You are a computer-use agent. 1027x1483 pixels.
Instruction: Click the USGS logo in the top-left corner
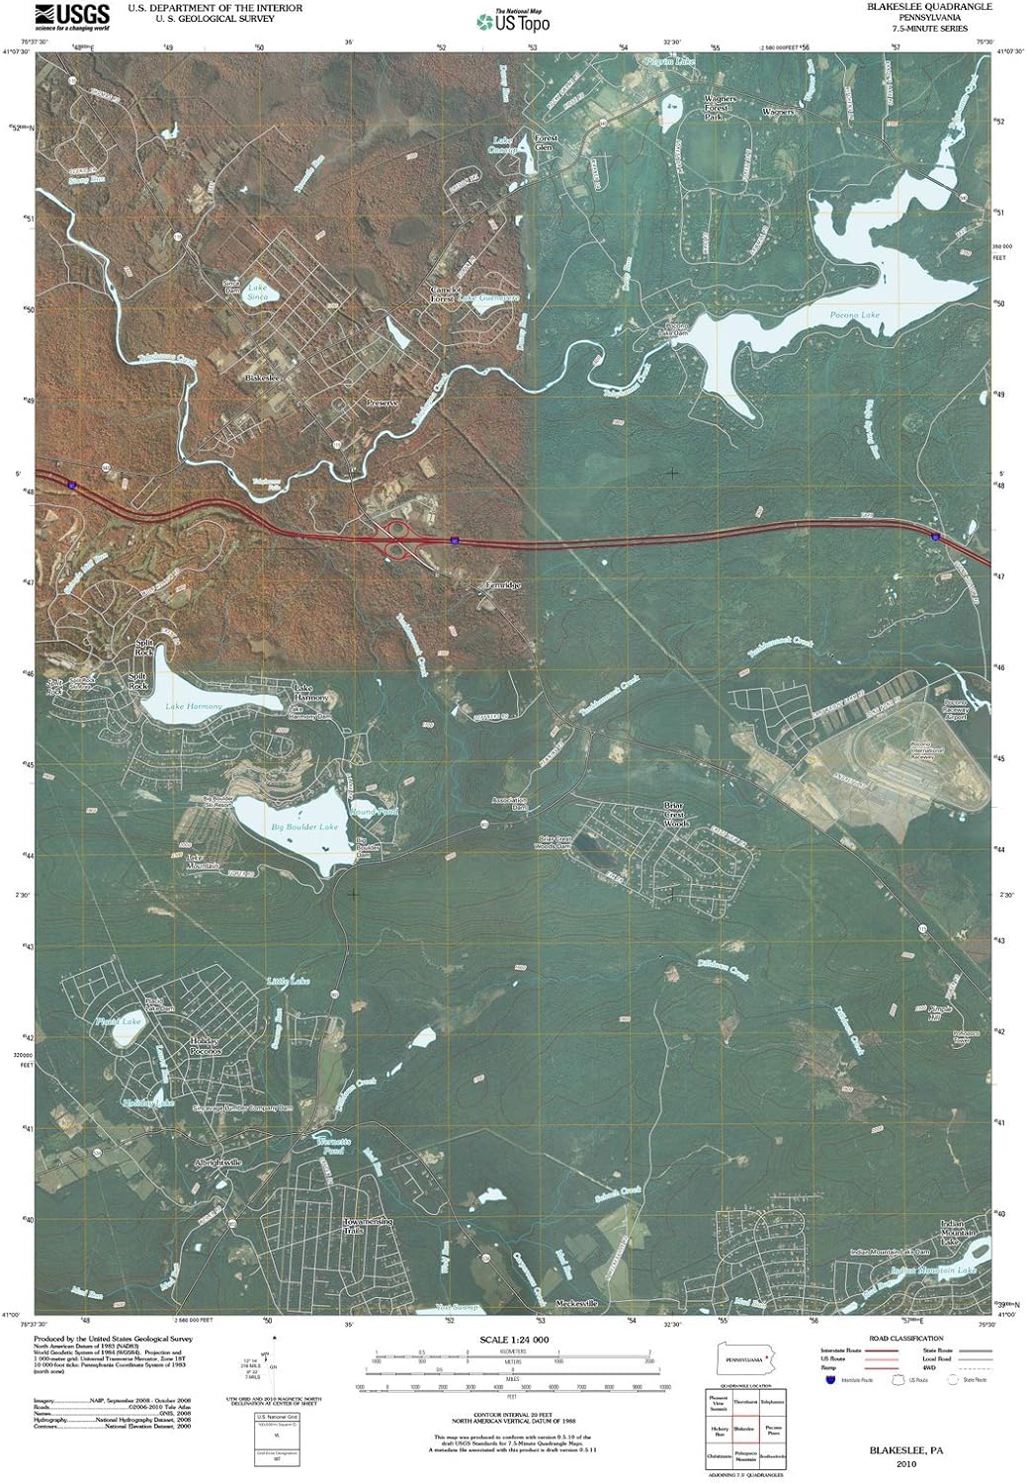point(70,16)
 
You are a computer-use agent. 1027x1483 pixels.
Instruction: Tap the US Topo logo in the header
point(512,20)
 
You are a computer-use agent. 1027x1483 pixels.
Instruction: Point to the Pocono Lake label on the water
point(854,315)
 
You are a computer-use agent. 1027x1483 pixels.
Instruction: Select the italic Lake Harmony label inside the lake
point(195,706)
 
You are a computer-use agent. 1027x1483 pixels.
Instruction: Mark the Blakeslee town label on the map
point(263,379)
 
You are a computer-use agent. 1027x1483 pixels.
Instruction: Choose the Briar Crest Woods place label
point(676,815)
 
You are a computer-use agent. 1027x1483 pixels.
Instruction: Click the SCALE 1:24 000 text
point(512,1339)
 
